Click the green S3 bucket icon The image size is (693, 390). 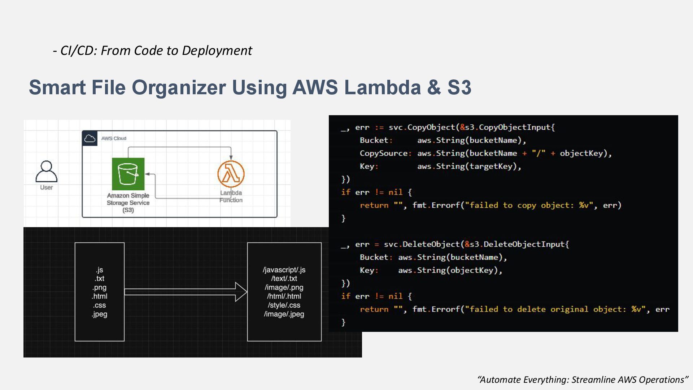(x=128, y=174)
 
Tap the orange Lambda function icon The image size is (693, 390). (x=231, y=174)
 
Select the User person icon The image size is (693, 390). (x=47, y=172)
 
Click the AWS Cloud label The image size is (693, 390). (x=114, y=138)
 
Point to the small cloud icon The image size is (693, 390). (x=90, y=138)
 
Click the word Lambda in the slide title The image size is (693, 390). (x=382, y=87)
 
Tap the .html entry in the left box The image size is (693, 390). (x=100, y=296)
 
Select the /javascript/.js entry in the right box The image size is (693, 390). (x=284, y=270)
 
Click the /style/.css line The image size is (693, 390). (x=284, y=305)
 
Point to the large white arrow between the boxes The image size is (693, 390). (x=186, y=292)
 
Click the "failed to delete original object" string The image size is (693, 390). (x=554, y=309)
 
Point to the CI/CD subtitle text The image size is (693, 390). (x=153, y=51)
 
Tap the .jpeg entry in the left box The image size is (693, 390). (x=100, y=314)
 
